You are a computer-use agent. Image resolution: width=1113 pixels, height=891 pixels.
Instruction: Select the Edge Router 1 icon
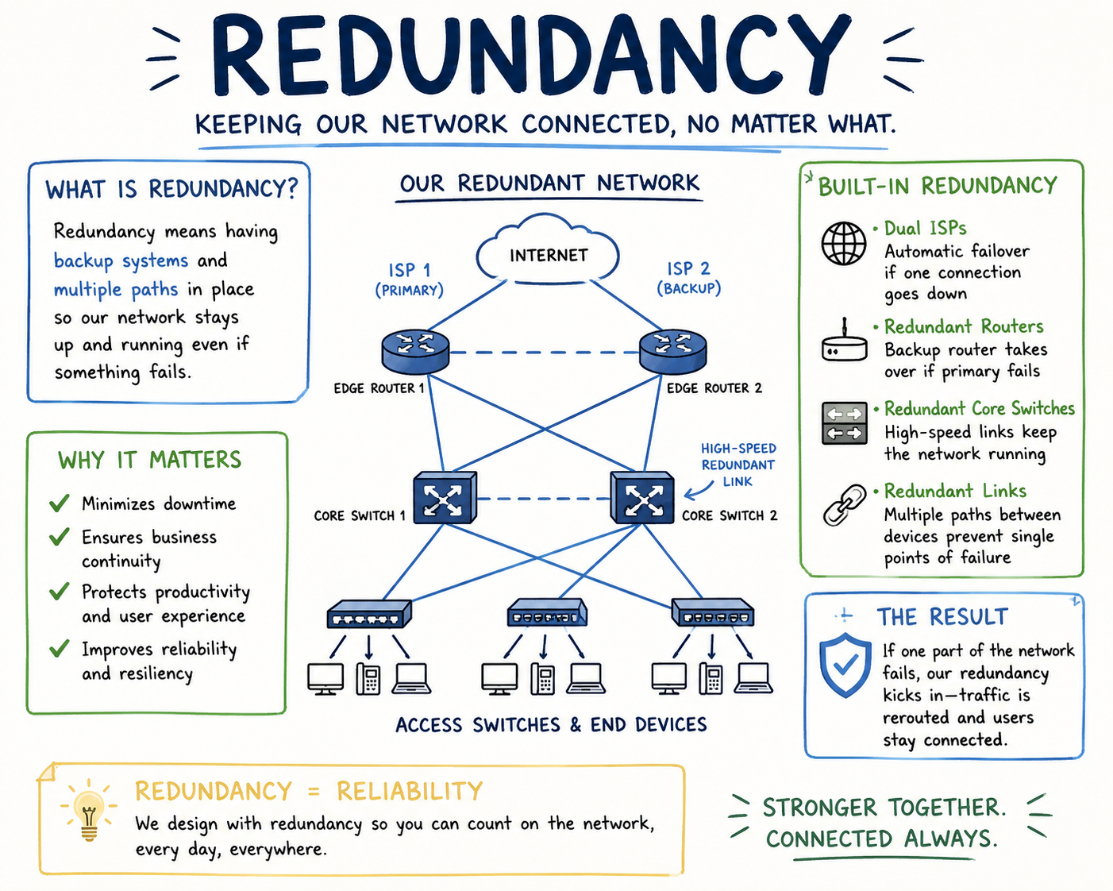coord(415,351)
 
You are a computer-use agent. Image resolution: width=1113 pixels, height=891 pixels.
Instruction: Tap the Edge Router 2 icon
coord(673,351)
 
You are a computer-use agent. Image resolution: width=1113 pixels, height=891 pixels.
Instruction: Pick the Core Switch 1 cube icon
coord(445,498)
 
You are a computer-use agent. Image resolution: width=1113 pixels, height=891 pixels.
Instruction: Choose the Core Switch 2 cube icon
coord(642,498)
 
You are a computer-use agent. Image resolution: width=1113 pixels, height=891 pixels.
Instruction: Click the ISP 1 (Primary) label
coord(409,280)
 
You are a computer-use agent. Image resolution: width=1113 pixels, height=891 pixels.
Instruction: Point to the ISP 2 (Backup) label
coord(689,278)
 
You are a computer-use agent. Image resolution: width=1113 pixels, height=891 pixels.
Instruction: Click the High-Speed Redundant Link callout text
coord(738,465)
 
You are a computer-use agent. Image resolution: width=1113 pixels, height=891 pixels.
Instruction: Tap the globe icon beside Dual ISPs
coord(844,243)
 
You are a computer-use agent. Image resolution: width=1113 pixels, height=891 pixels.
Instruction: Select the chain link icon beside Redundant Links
coord(845,505)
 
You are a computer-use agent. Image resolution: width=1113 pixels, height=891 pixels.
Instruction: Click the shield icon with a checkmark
coord(845,665)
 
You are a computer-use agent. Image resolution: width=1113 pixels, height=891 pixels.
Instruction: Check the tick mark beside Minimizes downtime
coord(60,503)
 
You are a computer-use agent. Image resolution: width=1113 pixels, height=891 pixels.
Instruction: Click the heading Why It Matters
coord(149,460)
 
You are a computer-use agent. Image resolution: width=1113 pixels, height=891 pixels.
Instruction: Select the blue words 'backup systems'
coord(121,260)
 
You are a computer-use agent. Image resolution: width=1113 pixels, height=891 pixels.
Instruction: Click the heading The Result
coord(942,617)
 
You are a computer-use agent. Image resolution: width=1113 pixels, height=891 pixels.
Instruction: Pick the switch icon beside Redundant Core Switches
coord(845,423)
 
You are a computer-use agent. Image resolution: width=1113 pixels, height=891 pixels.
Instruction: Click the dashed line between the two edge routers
coord(544,353)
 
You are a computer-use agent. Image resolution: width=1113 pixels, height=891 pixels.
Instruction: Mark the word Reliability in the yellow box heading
coord(410,791)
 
